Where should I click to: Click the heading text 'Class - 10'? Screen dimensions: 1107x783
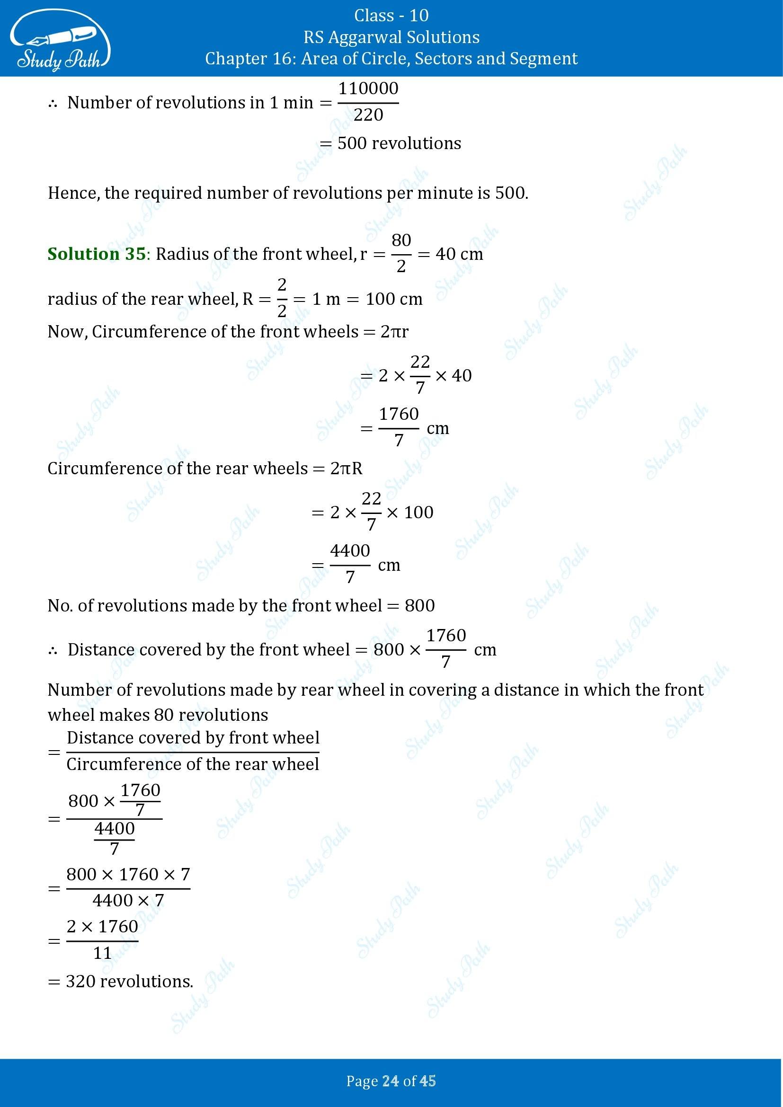pos(391,16)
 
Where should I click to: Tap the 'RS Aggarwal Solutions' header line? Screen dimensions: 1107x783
pos(391,37)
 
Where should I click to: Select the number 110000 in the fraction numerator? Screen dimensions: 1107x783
pos(368,89)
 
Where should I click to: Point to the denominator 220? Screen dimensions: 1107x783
pos(368,115)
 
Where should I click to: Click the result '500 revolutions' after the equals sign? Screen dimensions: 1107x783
pos(399,143)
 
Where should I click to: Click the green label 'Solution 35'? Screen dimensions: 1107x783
pos(97,254)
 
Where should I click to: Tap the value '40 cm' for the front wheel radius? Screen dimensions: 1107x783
pos(459,254)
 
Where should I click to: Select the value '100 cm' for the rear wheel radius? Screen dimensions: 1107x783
pos(394,299)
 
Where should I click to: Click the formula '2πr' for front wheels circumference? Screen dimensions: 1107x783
pos(394,332)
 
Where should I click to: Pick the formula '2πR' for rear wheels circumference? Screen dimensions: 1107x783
pos(346,468)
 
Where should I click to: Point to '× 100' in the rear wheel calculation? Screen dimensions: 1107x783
pos(410,512)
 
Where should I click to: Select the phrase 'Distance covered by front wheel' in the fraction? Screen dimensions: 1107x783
pos(193,738)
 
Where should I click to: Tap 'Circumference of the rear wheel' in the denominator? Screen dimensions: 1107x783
pos(193,764)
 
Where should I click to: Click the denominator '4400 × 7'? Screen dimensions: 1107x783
pos(128,900)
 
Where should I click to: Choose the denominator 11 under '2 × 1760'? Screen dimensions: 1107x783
pos(102,953)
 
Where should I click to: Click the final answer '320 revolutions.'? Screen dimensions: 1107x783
pos(129,982)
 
